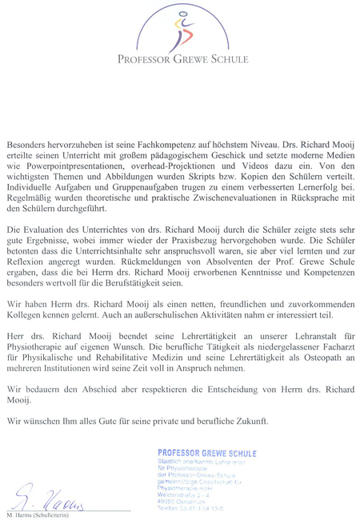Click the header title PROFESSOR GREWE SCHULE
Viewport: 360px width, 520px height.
point(182,59)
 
